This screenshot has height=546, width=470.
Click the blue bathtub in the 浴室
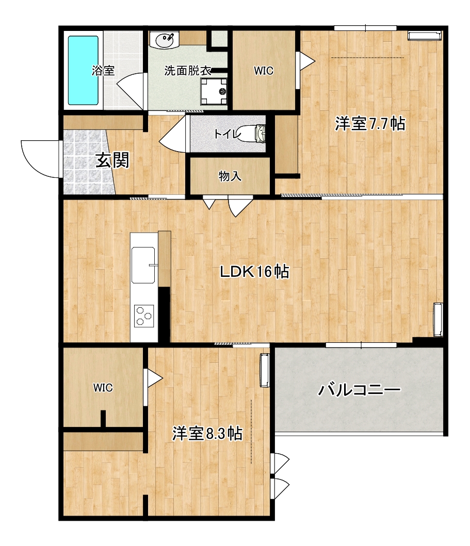coord(84,70)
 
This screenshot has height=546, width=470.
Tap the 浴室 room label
coord(103,71)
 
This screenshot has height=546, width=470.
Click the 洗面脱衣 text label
coord(188,71)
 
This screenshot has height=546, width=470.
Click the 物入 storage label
coord(230,177)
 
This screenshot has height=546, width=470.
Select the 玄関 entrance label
coord(112,161)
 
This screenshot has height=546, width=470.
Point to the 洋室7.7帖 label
coord(370,124)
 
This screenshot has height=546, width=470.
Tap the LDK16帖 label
coord(254,272)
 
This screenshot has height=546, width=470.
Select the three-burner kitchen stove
coord(144,316)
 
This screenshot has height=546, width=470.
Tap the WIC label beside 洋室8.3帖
coord(103,388)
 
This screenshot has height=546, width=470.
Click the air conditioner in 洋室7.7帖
coord(425,35)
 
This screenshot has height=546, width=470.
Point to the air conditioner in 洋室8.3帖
coord(265,369)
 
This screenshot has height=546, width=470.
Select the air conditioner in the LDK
coord(438,319)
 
